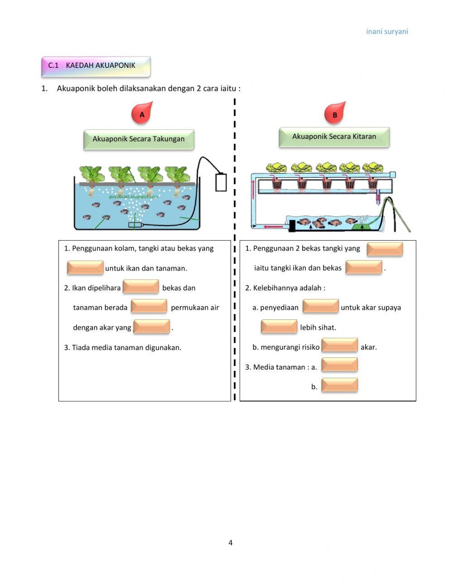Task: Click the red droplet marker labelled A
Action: pyautogui.click(x=142, y=114)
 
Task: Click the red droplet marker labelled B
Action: pyautogui.click(x=335, y=114)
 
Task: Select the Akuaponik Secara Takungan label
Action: pyautogui.click(x=139, y=139)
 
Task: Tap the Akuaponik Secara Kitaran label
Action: pyautogui.click(x=334, y=137)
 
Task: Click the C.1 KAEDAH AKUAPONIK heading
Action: pyautogui.click(x=96, y=66)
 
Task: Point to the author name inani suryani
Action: pyautogui.click(x=387, y=32)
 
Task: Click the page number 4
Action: pyautogui.click(x=230, y=542)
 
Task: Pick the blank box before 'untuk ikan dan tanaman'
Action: pyautogui.click(x=85, y=268)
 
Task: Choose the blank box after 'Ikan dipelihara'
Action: pyautogui.click(x=141, y=287)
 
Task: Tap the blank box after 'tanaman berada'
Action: pyautogui.click(x=149, y=307)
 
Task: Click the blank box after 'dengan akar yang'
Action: pyautogui.click(x=152, y=327)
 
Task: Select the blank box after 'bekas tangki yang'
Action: pyautogui.click(x=385, y=249)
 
